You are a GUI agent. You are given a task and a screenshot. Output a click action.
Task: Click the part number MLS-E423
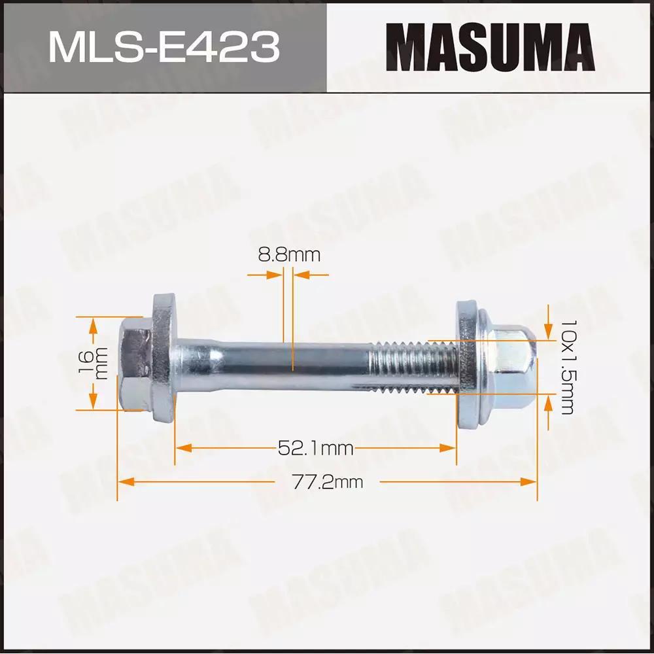164,48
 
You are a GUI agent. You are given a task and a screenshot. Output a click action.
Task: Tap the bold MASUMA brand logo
490,47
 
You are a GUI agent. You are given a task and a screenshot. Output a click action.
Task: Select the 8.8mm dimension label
289,254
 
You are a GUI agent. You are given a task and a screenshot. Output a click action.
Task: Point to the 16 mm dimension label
94,363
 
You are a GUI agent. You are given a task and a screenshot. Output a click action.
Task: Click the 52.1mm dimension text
316,449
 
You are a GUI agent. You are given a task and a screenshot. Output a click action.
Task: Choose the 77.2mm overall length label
328,482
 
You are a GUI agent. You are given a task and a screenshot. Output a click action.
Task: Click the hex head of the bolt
135,363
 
